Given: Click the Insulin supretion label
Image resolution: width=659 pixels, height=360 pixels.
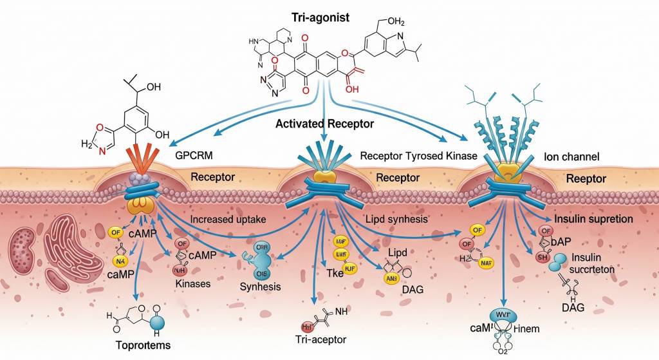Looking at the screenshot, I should [x=593, y=219].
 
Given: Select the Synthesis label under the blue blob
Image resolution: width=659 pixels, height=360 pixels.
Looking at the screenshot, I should [x=259, y=287].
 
